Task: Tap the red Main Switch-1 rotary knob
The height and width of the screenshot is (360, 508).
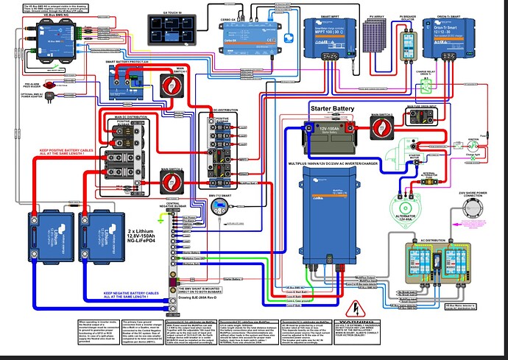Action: point(177,82)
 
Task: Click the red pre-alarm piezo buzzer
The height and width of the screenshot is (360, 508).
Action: point(52,85)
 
